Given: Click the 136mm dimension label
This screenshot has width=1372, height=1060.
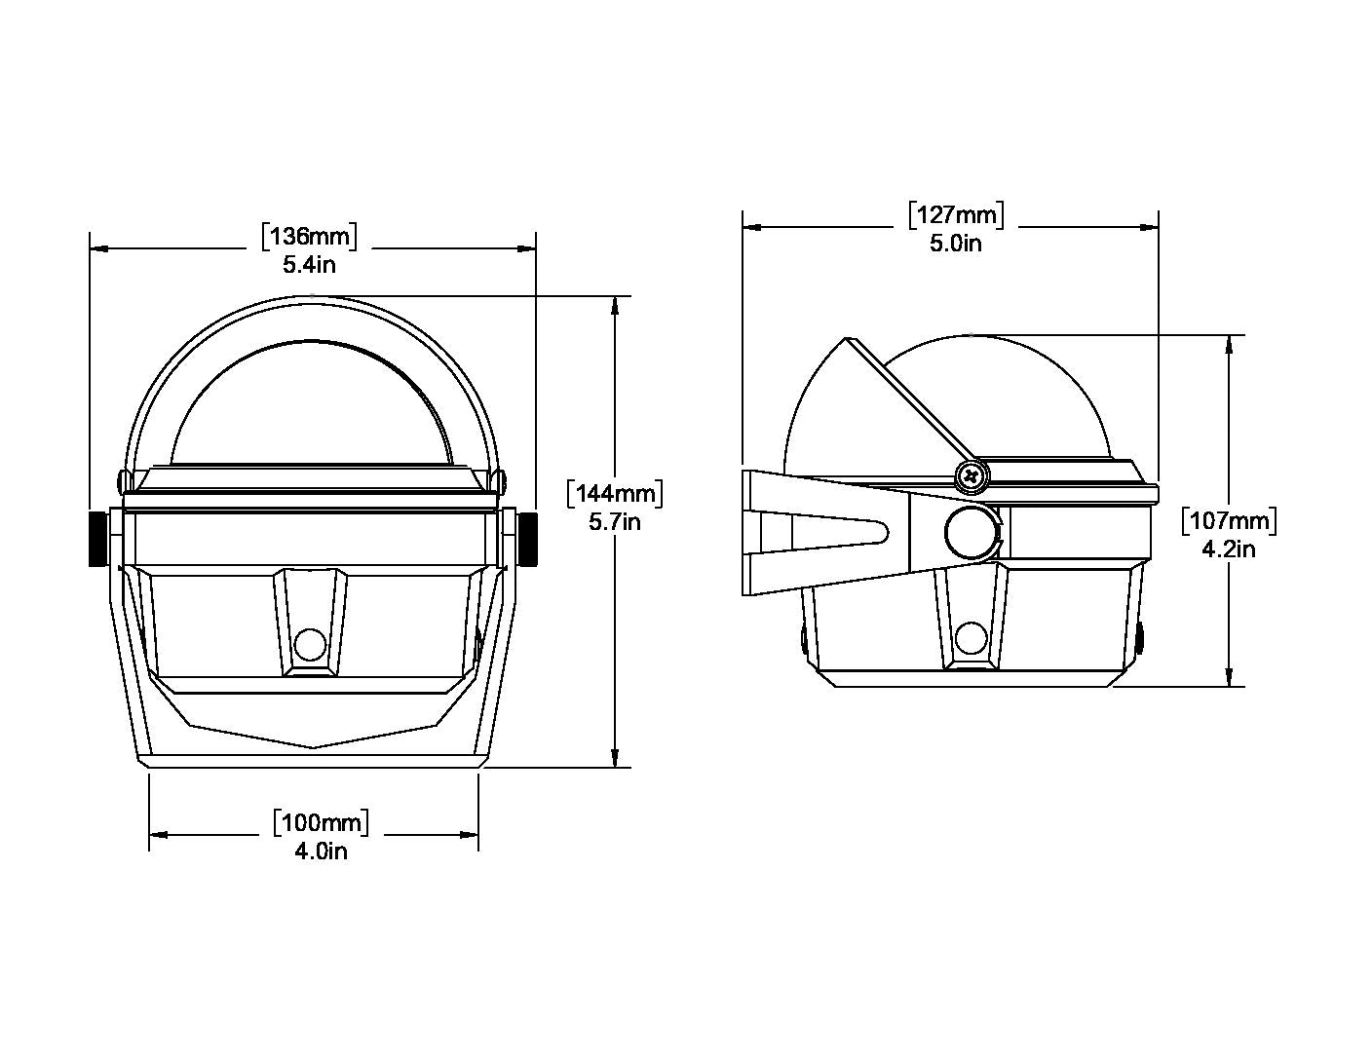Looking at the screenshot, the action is pos(309,236).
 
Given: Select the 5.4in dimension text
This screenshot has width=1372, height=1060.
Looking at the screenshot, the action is pos(309,265).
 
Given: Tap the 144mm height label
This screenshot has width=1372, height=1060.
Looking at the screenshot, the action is pos(615,493).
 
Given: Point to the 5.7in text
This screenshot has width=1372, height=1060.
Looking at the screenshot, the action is pos(614,522).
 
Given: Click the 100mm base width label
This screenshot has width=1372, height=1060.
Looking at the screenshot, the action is pos(321,822).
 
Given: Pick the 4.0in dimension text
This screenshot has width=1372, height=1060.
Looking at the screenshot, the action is pos(321,852).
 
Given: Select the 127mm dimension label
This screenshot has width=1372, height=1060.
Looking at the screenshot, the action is pos(956,214).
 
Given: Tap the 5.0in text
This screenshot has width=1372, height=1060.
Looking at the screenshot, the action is pos(955,244).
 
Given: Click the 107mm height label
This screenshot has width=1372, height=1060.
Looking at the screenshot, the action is pos(1228,521).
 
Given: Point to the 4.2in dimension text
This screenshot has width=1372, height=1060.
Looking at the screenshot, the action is pos(1228,549).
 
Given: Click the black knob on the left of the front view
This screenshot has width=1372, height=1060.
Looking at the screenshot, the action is pos(98,539).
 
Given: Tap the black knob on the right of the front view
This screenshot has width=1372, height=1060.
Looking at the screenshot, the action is pos(528,539).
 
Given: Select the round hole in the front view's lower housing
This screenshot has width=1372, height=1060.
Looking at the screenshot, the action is pos(309,645).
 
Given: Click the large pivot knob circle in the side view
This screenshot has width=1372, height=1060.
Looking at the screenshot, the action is pos(972,533).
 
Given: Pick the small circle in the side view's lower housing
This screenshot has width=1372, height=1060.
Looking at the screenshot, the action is pos(972,638).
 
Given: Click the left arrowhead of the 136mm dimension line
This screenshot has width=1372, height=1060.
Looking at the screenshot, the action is pos(99,248).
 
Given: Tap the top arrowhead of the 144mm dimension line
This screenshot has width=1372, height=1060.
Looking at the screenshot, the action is pos(616,306).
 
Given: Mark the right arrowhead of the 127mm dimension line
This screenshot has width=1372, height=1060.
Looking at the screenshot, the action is pos(1149,227).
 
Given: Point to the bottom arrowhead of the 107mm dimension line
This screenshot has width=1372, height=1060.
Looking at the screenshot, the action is pos(1229,677).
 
